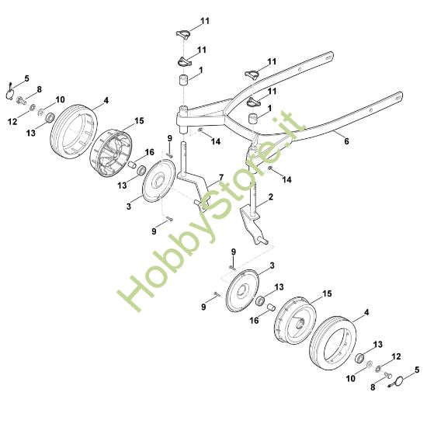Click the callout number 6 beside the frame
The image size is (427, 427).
(346, 141)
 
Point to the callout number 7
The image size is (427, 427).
(220, 178)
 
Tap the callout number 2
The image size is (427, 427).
(270, 196)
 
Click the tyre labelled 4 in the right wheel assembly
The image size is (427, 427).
(333, 343)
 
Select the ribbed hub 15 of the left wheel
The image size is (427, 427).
(110, 153)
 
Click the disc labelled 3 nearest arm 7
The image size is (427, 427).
(158, 181)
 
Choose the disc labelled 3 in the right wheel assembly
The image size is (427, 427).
(243, 291)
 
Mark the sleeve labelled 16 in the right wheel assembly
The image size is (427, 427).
(272, 307)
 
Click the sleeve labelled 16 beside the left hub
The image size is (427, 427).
(132, 165)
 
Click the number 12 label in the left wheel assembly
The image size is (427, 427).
(12, 121)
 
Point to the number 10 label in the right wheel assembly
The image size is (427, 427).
(351, 378)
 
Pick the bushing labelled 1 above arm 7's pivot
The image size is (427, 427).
(184, 81)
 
